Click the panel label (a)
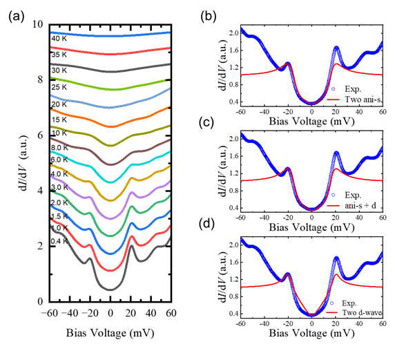click(x=17, y=17)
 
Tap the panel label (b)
click(x=209, y=17)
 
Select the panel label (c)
click(x=206, y=123)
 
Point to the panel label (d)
click(x=206, y=225)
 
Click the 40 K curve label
click(x=59, y=39)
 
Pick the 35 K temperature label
click(x=59, y=55)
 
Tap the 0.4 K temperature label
click(x=59, y=241)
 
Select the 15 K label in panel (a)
click(x=59, y=120)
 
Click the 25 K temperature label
click(x=59, y=87)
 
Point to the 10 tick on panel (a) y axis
click(x=38, y=24)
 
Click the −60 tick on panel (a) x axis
click(x=50, y=313)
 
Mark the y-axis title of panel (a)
click(x=24, y=163)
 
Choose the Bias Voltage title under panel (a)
click(x=110, y=333)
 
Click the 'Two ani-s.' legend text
click(x=363, y=100)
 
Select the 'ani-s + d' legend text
click(x=360, y=205)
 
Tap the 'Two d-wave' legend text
click(x=362, y=312)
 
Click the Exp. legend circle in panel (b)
click(x=334, y=89)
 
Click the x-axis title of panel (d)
click(x=311, y=333)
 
